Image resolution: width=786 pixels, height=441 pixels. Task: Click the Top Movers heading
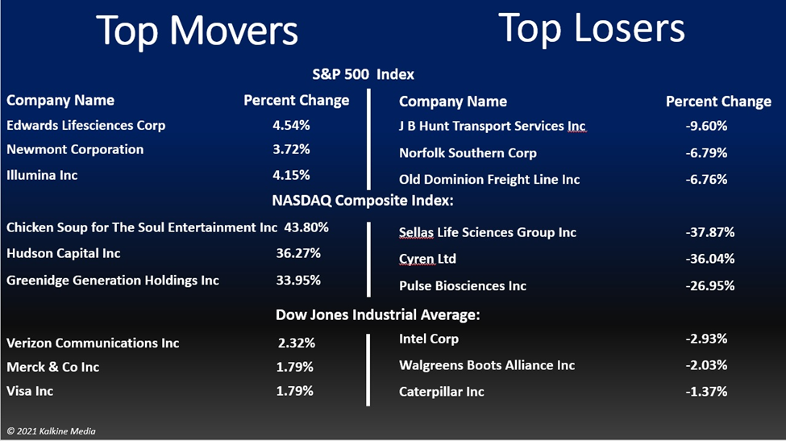point(197,31)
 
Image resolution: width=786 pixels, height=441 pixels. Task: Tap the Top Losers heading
point(592,28)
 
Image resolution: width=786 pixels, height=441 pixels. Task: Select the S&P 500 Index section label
point(363,75)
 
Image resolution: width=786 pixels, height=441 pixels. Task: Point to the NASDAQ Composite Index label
point(363,201)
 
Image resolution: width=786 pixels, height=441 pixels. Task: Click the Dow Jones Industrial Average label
point(377,314)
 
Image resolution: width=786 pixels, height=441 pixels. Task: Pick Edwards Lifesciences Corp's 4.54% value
point(291,125)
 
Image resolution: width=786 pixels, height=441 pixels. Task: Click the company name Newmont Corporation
point(75,149)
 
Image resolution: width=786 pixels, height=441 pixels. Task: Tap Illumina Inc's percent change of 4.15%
point(291,176)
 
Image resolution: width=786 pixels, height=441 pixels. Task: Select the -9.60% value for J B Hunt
point(706,126)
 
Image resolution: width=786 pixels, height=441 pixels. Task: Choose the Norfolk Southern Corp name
point(468,153)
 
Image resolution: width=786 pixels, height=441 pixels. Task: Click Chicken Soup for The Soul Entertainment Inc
point(142,227)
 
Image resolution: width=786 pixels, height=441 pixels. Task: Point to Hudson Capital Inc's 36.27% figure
point(298,253)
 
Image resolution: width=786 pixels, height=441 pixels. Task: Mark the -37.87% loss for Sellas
point(709,232)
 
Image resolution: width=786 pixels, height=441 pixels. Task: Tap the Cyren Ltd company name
point(427,259)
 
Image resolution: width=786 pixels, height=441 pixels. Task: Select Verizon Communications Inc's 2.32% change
point(296,343)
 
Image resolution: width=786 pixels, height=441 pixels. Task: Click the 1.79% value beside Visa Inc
point(295,391)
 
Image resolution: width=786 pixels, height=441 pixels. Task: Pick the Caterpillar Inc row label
point(442,392)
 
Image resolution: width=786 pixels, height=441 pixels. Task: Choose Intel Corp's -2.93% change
point(706,339)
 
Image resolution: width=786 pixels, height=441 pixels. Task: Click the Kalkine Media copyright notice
point(51,431)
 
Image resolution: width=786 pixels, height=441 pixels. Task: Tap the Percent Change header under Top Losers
point(718,102)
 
